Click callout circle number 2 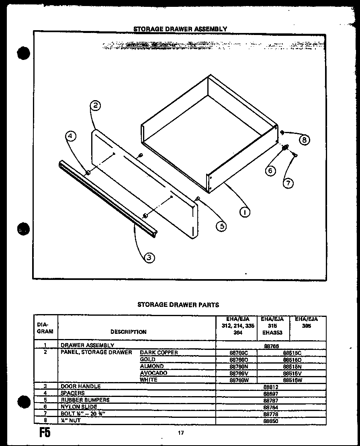95,106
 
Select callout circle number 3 149,258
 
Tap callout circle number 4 71,137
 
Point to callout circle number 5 221,226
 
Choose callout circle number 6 270,171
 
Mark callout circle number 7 288,183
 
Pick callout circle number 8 305,140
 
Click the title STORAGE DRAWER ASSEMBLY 180,29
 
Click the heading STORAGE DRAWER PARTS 178,305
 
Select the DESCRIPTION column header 129,332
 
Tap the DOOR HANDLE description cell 80,386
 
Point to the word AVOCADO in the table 153,373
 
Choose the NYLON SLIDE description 79,407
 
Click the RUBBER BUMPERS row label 85,400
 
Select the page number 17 181,433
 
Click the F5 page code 45,435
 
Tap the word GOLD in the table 147,359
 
